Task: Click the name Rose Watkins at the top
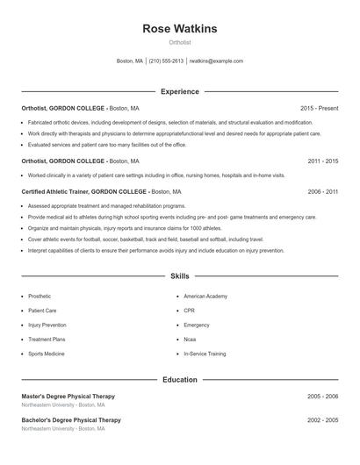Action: pyautogui.click(x=180, y=29)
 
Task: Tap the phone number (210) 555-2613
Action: pyautogui.click(x=166, y=61)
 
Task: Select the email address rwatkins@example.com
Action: pyautogui.click(x=216, y=61)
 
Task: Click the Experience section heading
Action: pyautogui.click(x=180, y=91)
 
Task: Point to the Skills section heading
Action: pyautogui.click(x=180, y=276)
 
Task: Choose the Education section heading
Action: pyautogui.click(x=180, y=380)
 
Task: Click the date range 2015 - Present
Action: pyautogui.click(x=319, y=108)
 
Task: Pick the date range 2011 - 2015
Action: pyautogui.click(x=323, y=161)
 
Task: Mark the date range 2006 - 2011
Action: pyautogui.click(x=323, y=191)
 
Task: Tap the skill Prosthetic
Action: pyautogui.click(x=40, y=297)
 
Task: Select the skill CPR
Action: pyautogui.click(x=189, y=311)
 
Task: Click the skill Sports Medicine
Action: pyautogui.click(x=46, y=354)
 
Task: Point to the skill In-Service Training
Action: pyautogui.click(x=205, y=354)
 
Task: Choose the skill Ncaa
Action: pyautogui.click(x=190, y=340)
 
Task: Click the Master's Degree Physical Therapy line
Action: pyautogui.click(x=68, y=397)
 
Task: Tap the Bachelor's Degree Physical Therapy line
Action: pyautogui.click(x=71, y=420)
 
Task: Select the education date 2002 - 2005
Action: pyautogui.click(x=323, y=420)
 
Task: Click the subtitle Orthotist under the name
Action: pyautogui.click(x=180, y=42)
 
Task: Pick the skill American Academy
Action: pyautogui.click(x=205, y=297)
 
